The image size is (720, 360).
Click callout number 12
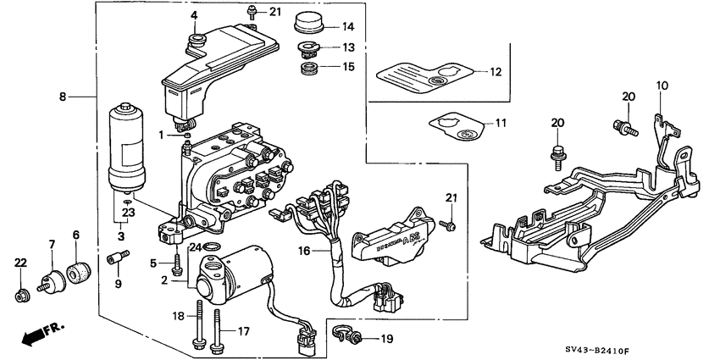coord(495,73)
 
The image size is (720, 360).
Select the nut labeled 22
coord(22,296)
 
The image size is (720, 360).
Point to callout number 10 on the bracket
coord(661,85)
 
